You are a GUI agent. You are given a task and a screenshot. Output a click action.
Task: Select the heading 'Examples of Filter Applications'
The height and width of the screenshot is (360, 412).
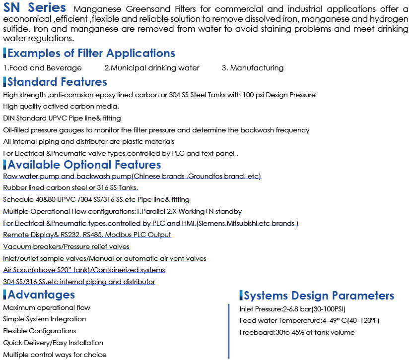91,53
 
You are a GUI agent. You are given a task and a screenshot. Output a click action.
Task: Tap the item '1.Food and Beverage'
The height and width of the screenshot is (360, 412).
43,68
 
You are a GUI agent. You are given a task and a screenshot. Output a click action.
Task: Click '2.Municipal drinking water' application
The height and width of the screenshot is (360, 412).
152,68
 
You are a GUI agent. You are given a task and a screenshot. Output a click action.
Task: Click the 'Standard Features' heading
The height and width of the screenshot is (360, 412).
57,82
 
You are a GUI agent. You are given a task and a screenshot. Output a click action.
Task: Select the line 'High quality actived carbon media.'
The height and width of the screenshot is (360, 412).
61,107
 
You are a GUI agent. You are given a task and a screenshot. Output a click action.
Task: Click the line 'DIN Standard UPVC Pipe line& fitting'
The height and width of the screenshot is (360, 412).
62,119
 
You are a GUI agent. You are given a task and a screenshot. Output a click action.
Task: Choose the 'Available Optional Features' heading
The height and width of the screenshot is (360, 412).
84,165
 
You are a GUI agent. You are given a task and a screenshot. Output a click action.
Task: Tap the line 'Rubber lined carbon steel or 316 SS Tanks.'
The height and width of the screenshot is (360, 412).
70,187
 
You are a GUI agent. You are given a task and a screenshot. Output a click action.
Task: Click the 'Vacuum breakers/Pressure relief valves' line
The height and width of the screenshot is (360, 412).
67,246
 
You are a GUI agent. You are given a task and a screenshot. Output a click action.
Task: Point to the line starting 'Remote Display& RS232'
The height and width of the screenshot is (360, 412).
87,235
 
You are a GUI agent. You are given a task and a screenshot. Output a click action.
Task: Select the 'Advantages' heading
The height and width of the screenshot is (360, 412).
41,295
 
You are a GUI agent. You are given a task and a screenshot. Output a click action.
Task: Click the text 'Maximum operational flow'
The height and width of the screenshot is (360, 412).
47,307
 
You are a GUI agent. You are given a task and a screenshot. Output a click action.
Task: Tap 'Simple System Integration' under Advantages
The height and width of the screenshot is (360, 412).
45,319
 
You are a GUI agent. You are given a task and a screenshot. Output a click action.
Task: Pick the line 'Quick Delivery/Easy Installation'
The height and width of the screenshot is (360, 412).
53,343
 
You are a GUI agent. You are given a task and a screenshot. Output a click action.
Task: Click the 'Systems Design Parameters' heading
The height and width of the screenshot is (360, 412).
319,296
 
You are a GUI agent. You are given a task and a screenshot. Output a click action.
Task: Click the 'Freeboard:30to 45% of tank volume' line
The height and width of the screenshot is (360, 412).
297,332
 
